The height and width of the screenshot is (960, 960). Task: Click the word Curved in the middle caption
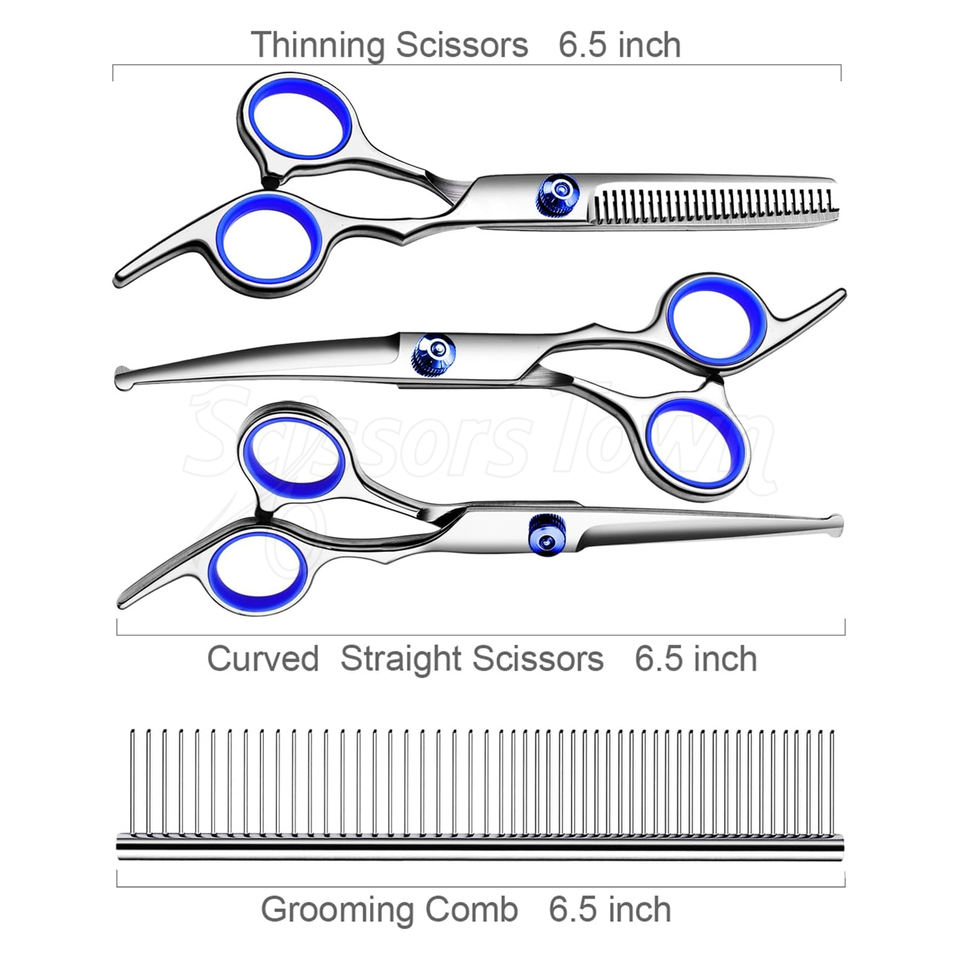pyautogui.click(x=263, y=659)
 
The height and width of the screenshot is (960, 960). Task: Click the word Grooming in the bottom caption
pyautogui.click(x=340, y=909)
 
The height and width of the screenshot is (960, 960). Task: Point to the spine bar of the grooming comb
pyautogui.click(x=480, y=849)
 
